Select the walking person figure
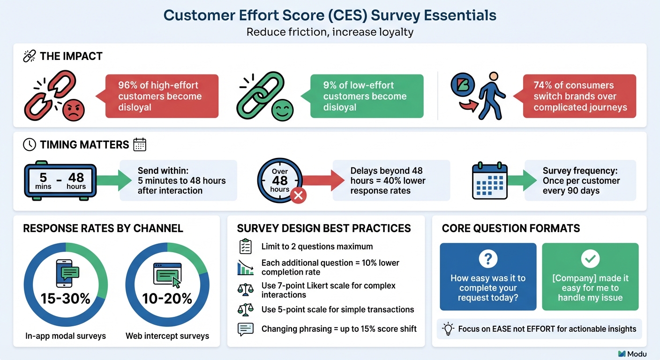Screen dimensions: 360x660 pyautogui.click(x=490, y=96)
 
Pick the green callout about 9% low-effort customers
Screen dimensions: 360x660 pyautogui.click(x=366, y=96)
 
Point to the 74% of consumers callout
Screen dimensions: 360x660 pyautogui.click(x=579, y=96)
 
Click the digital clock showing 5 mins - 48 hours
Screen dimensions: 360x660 pyautogui.click(x=60, y=181)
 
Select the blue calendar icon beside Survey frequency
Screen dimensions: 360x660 pyautogui.click(x=489, y=180)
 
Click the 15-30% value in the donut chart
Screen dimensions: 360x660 pyautogui.click(x=66, y=298)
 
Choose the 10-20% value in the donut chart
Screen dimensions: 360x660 pyautogui.click(x=167, y=298)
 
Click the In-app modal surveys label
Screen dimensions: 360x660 pyautogui.click(x=66, y=336)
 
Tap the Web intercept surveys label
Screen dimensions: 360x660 pyautogui.click(x=167, y=336)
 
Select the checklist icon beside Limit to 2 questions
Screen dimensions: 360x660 pyautogui.click(x=246, y=246)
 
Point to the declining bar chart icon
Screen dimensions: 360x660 pyautogui.click(x=246, y=267)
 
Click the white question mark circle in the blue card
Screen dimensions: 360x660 pyautogui.click(x=488, y=259)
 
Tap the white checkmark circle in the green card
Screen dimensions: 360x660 pyautogui.click(x=590, y=259)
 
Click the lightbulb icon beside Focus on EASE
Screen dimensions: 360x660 pyautogui.click(x=448, y=329)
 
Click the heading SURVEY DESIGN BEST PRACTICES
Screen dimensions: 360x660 pyautogui.click(x=324, y=228)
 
